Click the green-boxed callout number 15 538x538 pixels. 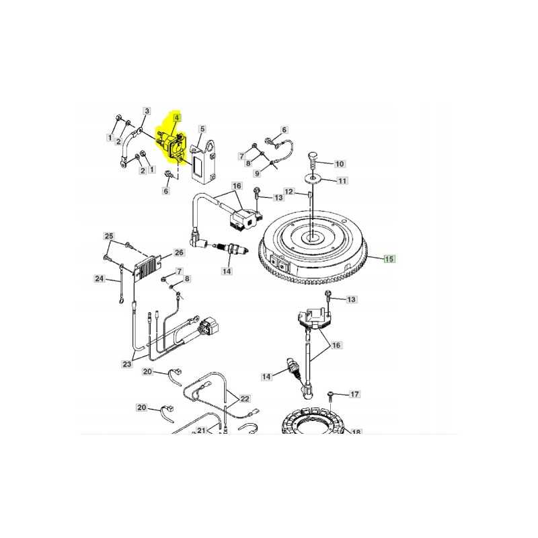pos(389,258)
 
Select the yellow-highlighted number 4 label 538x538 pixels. pos(176,118)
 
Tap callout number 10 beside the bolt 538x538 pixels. pos(339,163)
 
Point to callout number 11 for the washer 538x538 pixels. pos(342,181)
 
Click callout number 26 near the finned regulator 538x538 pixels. pos(178,253)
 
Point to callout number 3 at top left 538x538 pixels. pos(147,111)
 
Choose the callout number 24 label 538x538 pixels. pos(99,278)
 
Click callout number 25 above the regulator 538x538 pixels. pos(108,236)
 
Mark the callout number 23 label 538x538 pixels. pos(127,364)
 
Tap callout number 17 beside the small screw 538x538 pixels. pos(355,394)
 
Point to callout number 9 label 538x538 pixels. pos(256,173)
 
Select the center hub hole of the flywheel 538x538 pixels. pos(314,237)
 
